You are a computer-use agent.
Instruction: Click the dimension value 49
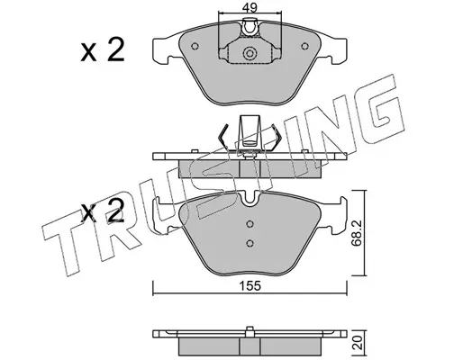(x=250, y=7)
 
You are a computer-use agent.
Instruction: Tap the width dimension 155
(x=250, y=286)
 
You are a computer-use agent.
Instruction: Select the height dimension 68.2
(x=357, y=233)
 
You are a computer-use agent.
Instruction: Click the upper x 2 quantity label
(x=103, y=50)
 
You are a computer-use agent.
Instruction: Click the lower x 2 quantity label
(x=103, y=211)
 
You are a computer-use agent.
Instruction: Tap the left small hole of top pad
(x=195, y=46)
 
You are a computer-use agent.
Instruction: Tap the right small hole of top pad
(x=304, y=46)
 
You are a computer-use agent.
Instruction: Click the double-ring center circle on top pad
(x=250, y=53)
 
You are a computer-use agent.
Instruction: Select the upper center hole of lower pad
(x=250, y=224)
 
